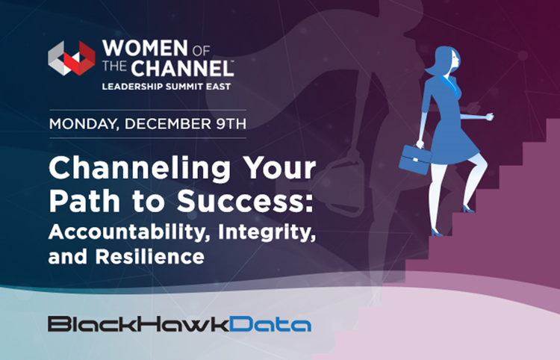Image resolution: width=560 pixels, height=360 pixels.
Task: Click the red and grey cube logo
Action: tap(72, 58)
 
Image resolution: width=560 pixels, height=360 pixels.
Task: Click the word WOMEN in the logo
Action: tap(145, 48)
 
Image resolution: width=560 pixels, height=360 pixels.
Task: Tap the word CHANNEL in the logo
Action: tap(182, 68)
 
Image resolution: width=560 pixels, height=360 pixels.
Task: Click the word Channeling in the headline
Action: tap(140, 170)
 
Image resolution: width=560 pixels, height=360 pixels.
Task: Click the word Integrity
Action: tap(267, 232)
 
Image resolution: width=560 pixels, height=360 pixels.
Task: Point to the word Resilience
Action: tap(149, 256)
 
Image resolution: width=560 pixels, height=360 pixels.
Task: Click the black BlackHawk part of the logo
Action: tap(139, 323)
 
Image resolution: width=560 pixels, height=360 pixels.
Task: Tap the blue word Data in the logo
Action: tap(270, 323)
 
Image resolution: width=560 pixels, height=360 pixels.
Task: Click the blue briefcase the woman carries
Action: tap(414, 159)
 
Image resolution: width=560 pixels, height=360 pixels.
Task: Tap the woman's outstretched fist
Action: tap(489, 117)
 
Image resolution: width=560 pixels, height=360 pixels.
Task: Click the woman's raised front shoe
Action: tap(468, 209)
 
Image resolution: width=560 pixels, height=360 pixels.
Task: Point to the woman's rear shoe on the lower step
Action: tap(437, 232)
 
